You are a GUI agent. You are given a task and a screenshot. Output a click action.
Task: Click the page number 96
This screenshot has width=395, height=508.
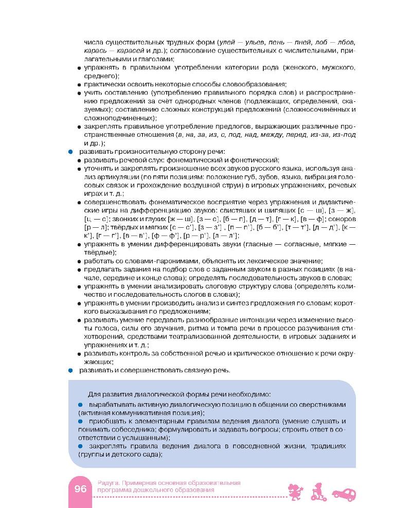[80, 489]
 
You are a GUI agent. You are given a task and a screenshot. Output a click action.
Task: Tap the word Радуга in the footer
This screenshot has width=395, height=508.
[107, 483]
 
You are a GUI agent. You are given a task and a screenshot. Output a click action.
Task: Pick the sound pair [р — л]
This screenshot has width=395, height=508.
[94, 227]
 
